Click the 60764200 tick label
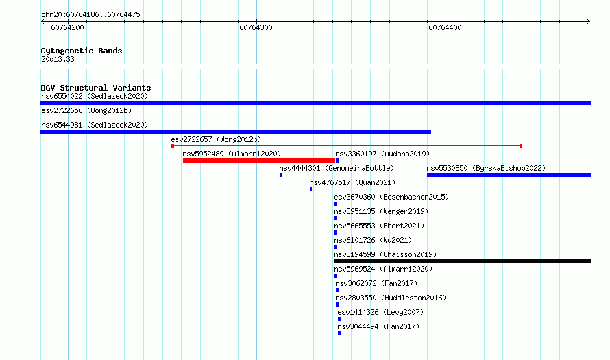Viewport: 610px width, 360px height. tap(67, 27)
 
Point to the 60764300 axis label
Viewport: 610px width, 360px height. tap(256, 27)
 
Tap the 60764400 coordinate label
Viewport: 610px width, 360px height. tap(445, 27)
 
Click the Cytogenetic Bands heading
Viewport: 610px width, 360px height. tap(82, 51)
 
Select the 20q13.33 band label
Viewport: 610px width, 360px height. tap(58, 59)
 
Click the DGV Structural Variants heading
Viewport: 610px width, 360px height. tap(96, 88)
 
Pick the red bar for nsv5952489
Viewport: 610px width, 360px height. tap(259, 160)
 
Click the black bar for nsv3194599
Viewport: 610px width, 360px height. tap(463, 261)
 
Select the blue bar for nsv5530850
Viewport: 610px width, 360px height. tap(509, 175)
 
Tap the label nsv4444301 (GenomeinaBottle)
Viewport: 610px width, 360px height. tap(337, 168)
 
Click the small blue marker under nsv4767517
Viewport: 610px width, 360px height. tap(311, 189)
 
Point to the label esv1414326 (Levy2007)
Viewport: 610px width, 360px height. tap(380, 312)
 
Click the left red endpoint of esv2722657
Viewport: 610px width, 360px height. tap(173, 146)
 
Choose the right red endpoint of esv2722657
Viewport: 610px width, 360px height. tap(521, 146)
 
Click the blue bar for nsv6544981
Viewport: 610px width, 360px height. tap(236, 132)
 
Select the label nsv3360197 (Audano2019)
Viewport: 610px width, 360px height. tap(382, 154)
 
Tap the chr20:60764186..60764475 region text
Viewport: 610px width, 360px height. tap(90, 14)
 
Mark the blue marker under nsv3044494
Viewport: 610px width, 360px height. tap(339, 333)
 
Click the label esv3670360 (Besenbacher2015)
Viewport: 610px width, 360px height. tap(391, 197)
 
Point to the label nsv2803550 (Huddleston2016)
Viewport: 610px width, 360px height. tap(391, 298)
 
